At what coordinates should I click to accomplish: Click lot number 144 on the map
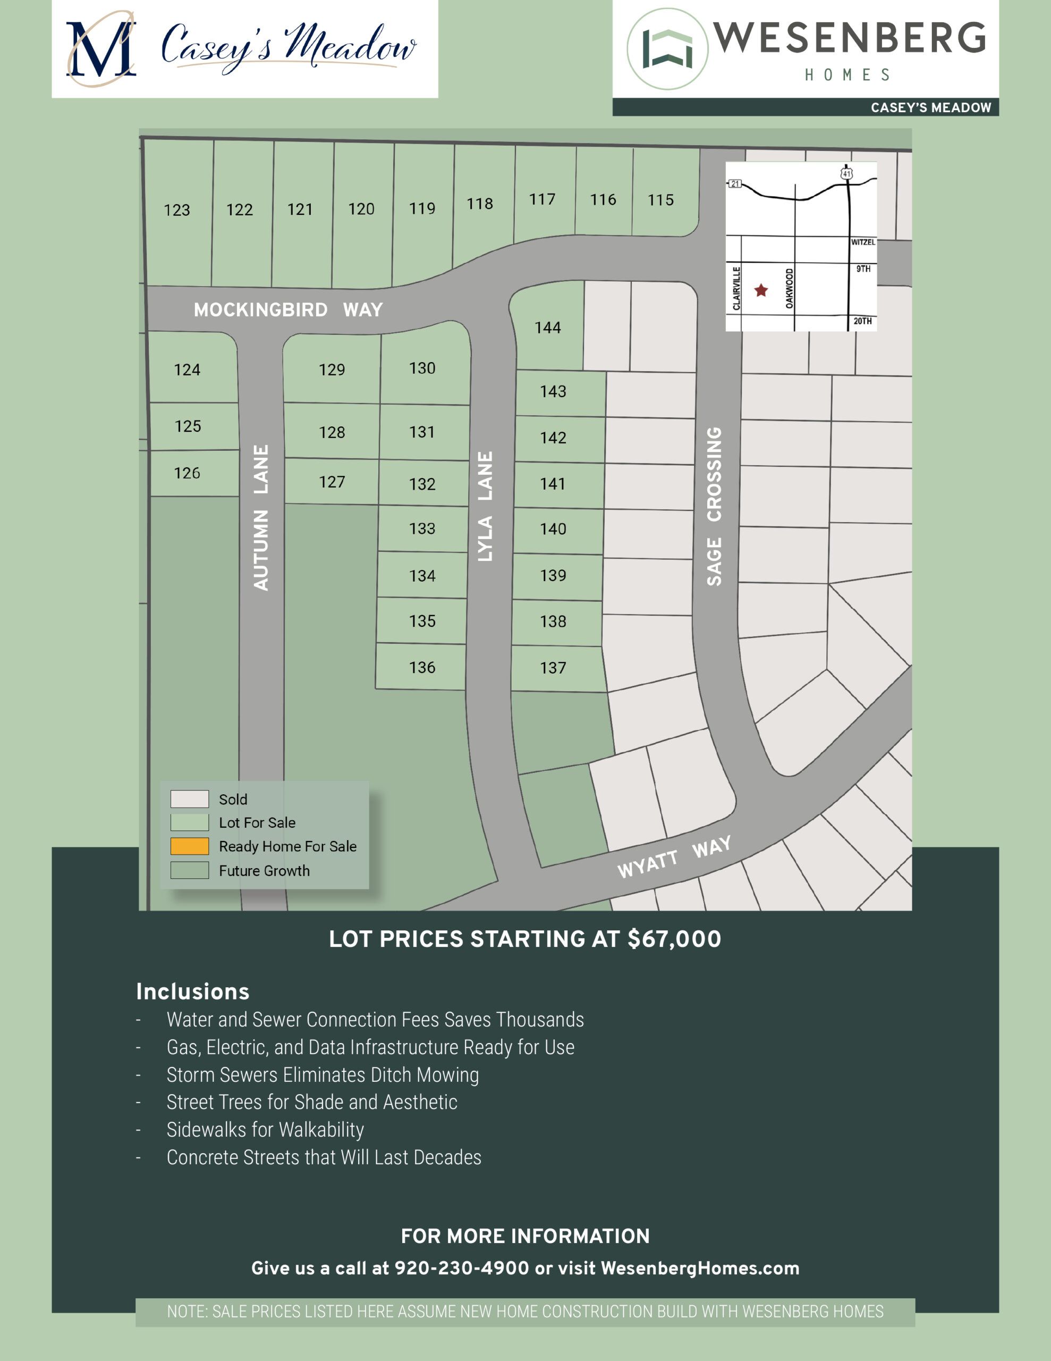tap(548, 328)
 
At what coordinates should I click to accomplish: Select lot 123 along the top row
tap(177, 210)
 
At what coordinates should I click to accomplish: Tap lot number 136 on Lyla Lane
tap(422, 667)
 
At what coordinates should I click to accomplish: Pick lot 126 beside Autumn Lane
tap(187, 473)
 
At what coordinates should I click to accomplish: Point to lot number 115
tap(660, 200)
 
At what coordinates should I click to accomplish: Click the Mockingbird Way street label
tap(288, 310)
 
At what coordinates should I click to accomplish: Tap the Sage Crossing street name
tap(715, 506)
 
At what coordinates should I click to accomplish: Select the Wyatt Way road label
tap(674, 857)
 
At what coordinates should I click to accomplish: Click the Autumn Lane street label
tap(261, 517)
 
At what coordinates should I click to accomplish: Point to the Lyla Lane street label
tap(485, 506)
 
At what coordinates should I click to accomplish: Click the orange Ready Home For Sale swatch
tap(189, 846)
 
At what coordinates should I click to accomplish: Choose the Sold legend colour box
tap(189, 799)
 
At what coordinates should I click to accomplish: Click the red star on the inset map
tap(761, 290)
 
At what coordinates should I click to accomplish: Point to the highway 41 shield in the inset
tap(846, 173)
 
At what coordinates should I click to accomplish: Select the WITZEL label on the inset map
tap(863, 242)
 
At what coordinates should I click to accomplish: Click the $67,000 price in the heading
tap(674, 939)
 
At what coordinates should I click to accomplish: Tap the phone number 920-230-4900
tap(462, 1268)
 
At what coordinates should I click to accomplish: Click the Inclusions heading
tap(192, 992)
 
